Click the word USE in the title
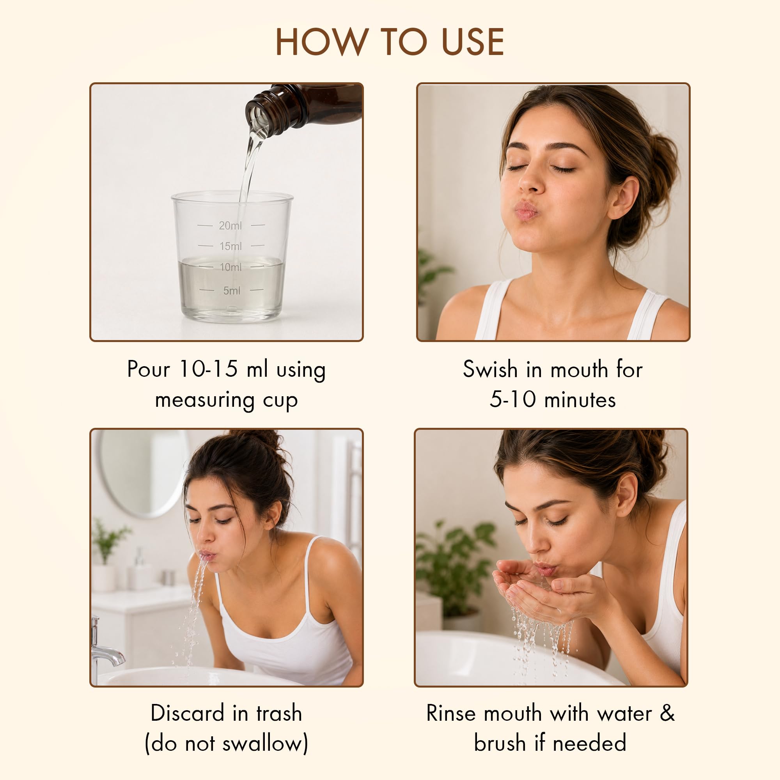473,42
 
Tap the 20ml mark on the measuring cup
230,225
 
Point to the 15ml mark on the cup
230,246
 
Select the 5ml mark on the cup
231,290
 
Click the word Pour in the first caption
149,369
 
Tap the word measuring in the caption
205,401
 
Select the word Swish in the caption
490,369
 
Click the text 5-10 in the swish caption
513,399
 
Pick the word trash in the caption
279,713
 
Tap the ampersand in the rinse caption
667,713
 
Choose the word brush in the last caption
500,743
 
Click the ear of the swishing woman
623,197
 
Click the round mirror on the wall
143,473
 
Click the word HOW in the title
322,42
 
